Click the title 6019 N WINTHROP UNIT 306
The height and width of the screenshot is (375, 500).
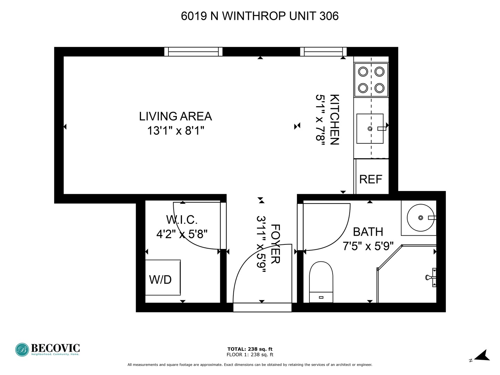[x=260, y=16]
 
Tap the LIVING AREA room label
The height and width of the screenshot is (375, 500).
[x=175, y=116]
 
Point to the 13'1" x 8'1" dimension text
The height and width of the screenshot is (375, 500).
[x=175, y=131]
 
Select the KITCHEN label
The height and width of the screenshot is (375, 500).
[x=334, y=119]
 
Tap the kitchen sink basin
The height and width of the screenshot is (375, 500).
[x=370, y=128]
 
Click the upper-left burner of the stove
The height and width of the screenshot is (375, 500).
[x=363, y=72]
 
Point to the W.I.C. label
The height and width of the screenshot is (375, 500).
[x=182, y=220]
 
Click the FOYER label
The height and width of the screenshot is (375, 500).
[x=275, y=244]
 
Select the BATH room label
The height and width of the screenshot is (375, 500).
[x=368, y=232]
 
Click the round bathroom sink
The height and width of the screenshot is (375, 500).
[x=420, y=218]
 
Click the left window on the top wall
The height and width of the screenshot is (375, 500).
[x=193, y=52]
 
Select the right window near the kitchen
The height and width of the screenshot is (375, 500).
[x=323, y=52]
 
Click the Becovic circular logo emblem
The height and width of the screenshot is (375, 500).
[x=22, y=350]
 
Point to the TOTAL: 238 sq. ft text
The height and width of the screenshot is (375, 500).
[x=250, y=349]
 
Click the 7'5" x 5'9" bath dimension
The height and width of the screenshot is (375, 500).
[x=368, y=246]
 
